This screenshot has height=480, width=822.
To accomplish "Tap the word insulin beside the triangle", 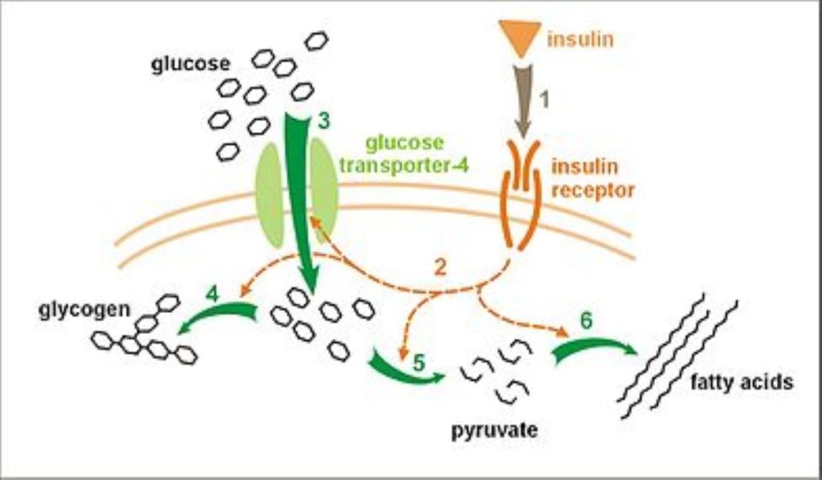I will pyautogui.click(x=580, y=39).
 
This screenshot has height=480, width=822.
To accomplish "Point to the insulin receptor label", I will pyautogui.click(x=592, y=178).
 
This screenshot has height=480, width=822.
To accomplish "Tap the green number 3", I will pyautogui.click(x=324, y=121).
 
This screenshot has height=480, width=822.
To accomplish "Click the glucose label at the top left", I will pyautogui.click(x=190, y=64).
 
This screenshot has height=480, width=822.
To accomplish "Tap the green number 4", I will pyautogui.click(x=212, y=295).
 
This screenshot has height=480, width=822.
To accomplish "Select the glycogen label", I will pyautogui.click(x=84, y=309).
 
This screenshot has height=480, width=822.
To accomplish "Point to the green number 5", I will pyautogui.click(x=418, y=361).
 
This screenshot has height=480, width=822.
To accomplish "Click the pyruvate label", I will pyautogui.click(x=493, y=429).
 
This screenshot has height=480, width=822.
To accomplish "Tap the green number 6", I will pyautogui.click(x=587, y=319).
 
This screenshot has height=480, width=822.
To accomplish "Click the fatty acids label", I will pyautogui.click(x=741, y=381).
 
